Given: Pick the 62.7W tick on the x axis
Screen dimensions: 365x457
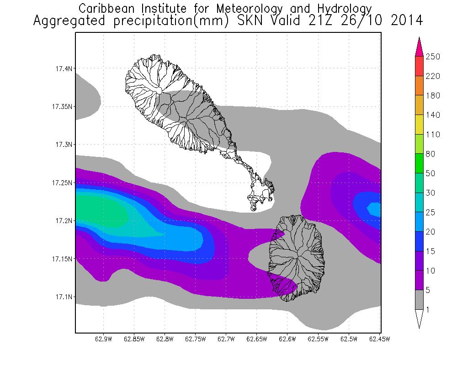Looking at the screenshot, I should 226,339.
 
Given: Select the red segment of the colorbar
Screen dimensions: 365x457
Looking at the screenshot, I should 420,66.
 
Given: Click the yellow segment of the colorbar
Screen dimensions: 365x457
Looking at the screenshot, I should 420,125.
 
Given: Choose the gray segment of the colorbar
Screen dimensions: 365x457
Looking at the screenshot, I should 420,300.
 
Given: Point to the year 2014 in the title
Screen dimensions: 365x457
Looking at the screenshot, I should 404,21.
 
